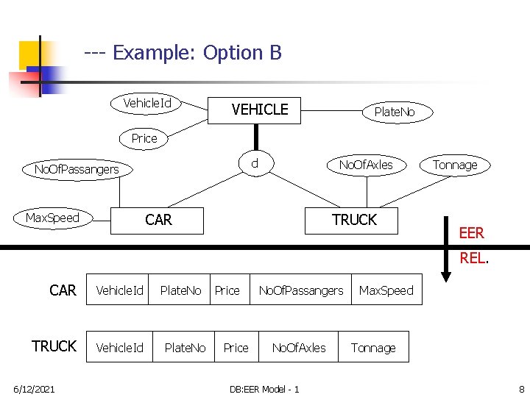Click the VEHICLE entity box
[259, 110]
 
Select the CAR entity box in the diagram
[158, 220]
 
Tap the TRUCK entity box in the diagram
[354, 220]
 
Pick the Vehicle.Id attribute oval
[147, 103]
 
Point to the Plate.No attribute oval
[395, 112]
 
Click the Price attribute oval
[144, 138]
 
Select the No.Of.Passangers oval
[77, 170]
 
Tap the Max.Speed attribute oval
[52, 218]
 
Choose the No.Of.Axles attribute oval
[366, 165]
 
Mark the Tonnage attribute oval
[455, 165]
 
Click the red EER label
[471, 233]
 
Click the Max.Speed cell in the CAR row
[386, 290]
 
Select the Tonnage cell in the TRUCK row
[373, 348]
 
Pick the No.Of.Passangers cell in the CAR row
[301, 290]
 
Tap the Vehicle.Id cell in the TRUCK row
[119, 348]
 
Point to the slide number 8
[520, 388]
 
